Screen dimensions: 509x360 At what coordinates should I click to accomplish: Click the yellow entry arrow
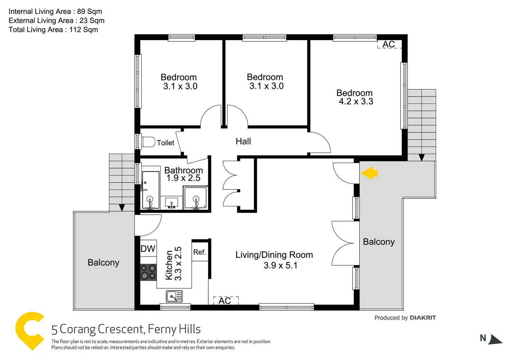tap(369, 173)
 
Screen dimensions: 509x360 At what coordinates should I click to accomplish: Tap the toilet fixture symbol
tap(148, 142)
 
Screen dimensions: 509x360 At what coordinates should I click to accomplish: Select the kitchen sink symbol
tap(174, 296)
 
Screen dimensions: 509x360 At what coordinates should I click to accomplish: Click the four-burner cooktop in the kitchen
tap(148, 272)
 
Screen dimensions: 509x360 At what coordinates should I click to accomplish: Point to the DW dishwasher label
tap(148, 249)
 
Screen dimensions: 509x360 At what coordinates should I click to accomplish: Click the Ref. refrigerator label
tap(200, 252)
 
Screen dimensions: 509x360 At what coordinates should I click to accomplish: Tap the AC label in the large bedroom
tap(389, 44)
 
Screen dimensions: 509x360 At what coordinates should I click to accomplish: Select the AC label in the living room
tap(225, 301)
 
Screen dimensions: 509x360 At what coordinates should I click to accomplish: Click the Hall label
tap(243, 141)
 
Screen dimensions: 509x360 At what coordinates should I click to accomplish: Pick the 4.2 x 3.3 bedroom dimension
tap(356, 101)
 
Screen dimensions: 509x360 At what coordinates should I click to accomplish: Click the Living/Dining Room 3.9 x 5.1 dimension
tap(280, 266)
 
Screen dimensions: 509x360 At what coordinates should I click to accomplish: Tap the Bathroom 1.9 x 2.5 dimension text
tap(183, 178)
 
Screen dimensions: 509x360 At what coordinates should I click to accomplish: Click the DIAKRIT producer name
tap(423, 318)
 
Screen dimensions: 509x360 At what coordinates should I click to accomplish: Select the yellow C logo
tap(30, 331)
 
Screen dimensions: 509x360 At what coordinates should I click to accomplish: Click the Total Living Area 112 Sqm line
tap(53, 30)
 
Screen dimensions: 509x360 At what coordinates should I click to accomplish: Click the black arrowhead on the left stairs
tap(122, 207)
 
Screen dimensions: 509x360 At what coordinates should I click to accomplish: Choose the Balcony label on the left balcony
tap(103, 263)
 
